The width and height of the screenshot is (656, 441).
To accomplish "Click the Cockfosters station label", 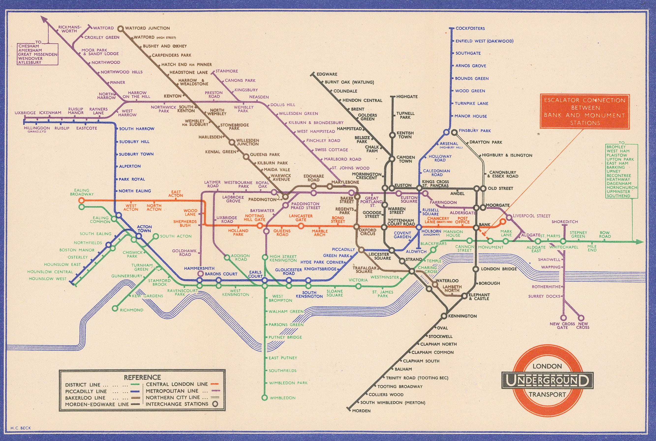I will [470, 29].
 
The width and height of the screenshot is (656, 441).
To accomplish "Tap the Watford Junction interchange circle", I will [121, 29].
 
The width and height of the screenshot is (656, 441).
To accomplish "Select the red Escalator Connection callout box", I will [584, 112].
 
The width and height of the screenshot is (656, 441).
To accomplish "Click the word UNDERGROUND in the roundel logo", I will [547, 381].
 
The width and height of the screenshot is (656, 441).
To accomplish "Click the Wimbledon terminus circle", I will [264, 398].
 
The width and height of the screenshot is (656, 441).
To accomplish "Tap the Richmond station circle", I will [115, 309].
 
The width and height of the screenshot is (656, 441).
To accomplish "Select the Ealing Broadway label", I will [82, 192].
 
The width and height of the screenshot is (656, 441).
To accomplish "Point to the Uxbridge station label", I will [25, 113].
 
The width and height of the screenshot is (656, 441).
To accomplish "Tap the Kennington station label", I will [462, 316].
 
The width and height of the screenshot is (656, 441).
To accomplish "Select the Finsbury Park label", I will [474, 131].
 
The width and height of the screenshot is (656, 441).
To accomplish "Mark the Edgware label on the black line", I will [327, 74].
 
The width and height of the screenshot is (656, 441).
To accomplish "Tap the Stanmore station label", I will [227, 71].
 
